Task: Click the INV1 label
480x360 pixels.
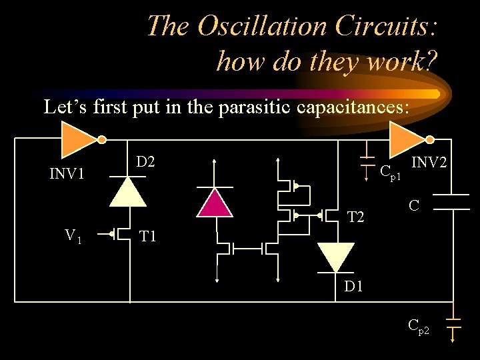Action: pyautogui.click(x=67, y=175)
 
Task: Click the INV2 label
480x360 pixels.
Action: pyautogui.click(x=429, y=163)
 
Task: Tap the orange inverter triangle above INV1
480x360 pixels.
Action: pyautogui.click(x=79, y=139)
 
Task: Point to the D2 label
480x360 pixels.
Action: pyautogui.click(x=145, y=161)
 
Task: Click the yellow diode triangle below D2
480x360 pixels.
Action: pyautogui.click(x=127, y=191)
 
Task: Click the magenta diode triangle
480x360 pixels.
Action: pyautogui.click(x=215, y=203)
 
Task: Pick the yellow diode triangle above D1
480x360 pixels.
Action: pyautogui.click(x=335, y=257)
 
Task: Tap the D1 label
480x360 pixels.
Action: pyautogui.click(x=353, y=287)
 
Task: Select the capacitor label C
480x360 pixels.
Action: pyautogui.click(x=414, y=207)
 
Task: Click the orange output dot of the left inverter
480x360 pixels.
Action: pyautogui.click(x=101, y=139)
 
